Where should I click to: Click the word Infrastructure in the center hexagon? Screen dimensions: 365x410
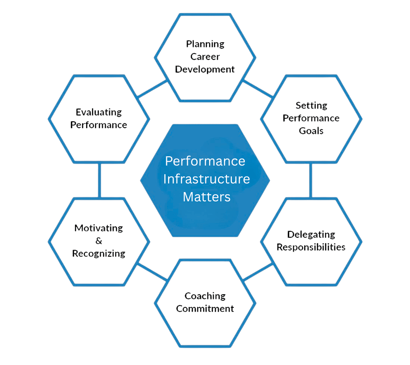pos(206,179)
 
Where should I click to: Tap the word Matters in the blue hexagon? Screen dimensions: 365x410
pos(206,196)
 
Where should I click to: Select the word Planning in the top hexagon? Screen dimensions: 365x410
pos(205,44)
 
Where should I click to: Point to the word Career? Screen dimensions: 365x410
pos(205,57)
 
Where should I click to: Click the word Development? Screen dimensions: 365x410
pos(205,69)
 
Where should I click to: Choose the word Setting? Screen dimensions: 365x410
pos(311,106)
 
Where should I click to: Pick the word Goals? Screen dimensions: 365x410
pos(311,131)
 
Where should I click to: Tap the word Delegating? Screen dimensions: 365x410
pos(311,235)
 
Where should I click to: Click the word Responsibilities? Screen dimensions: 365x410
pos(311,247)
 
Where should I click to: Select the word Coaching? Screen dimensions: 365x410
pos(205,296)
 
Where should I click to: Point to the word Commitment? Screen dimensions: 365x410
pos(205,309)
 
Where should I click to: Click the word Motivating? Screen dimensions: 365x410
pos(99,228)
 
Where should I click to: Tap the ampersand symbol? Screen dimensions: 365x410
pos(99,241)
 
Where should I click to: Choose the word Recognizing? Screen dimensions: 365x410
pos(99,254)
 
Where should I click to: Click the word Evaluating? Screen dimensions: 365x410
pos(99,112)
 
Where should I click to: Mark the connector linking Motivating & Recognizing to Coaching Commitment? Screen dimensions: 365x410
pos(152,272)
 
